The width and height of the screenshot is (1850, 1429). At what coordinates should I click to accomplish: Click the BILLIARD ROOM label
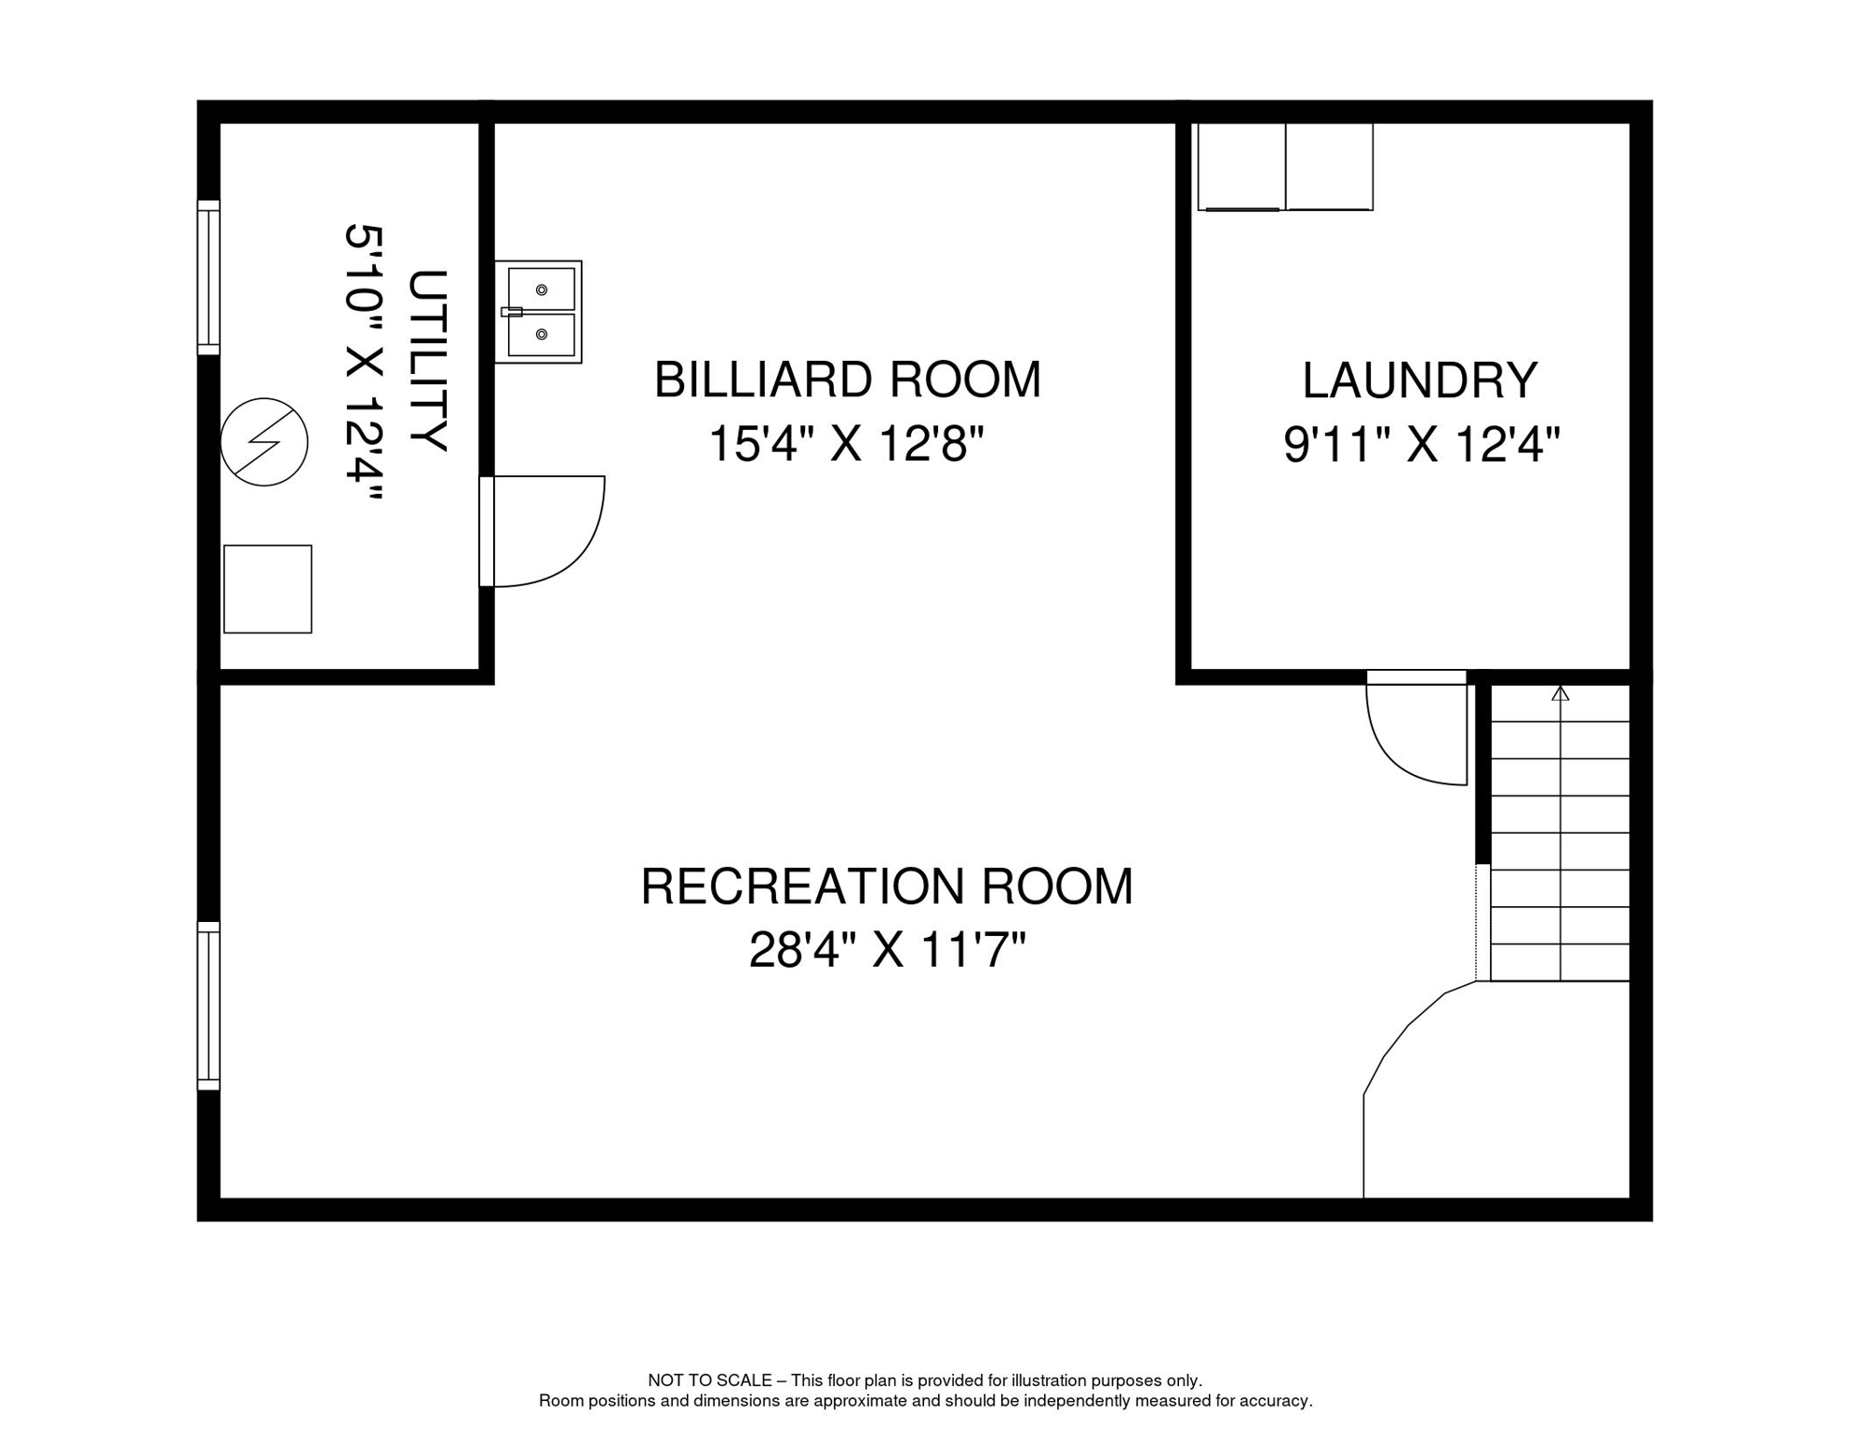tap(847, 380)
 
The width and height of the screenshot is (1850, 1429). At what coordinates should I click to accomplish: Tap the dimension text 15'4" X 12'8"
tap(846, 443)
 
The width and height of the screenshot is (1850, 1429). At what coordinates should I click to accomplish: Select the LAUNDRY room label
tap(1419, 381)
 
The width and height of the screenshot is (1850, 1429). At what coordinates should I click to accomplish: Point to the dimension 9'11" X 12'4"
tap(1421, 444)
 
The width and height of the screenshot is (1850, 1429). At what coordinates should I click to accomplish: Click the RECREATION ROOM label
tap(887, 886)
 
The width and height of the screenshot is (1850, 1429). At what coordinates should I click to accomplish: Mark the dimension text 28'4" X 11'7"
tap(887, 950)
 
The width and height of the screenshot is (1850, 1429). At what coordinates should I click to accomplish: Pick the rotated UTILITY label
tap(428, 361)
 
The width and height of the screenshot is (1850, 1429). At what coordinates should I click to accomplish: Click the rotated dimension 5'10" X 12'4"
tap(364, 364)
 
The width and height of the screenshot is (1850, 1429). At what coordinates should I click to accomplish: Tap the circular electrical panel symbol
tap(264, 442)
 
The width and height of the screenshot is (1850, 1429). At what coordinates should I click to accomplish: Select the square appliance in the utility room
tap(268, 589)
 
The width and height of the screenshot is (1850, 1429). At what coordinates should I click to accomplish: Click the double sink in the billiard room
tap(538, 312)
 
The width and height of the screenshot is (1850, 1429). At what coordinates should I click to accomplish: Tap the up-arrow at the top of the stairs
tap(1561, 693)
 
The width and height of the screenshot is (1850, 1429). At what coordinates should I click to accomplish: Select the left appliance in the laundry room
tap(1241, 167)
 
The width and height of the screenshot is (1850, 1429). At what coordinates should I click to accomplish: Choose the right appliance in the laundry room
tap(1329, 167)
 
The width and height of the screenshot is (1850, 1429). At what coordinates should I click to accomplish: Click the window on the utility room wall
tap(208, 277)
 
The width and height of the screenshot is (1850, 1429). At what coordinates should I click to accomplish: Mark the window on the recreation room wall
tap(208, 1006)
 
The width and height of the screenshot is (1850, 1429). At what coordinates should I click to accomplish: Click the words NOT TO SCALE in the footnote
tap(710, 1381)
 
